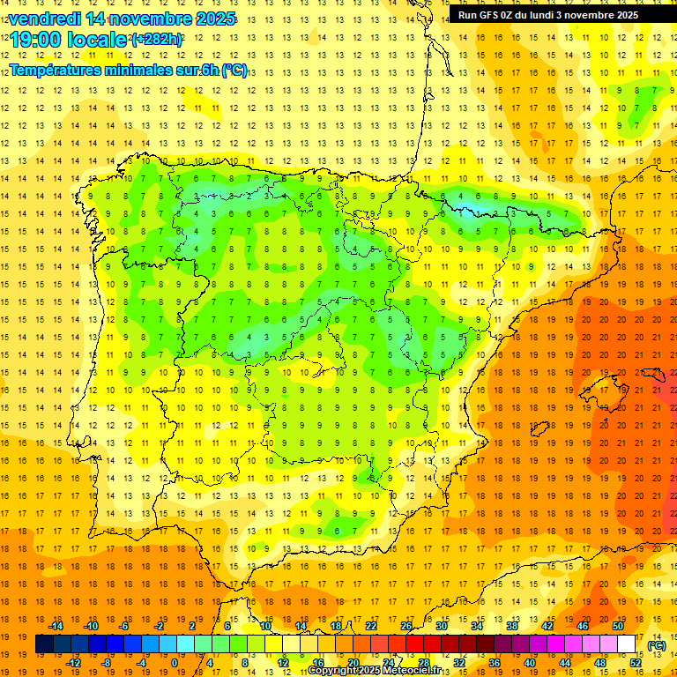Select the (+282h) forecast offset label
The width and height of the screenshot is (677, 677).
[x=157, y=39]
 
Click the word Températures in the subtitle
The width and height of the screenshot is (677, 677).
[x=54, y=70]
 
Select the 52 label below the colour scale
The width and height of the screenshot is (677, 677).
[x=636, y=663]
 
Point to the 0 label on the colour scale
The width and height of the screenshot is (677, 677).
[x=175, y=663]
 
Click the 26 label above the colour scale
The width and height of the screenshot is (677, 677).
[x=406, y=626]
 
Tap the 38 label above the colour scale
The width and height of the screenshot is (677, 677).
[x=512, y=626]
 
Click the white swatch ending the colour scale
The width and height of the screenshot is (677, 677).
[x=627, y=644]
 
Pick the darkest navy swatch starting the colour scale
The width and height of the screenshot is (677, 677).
[x=44, y=644]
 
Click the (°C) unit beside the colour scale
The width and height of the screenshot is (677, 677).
[x=656, y=645]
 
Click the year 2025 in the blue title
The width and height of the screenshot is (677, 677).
[x=214, y=19]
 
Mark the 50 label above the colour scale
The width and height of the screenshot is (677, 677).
[x=618, y=626]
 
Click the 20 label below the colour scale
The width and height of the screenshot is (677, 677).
[x=353, y=663]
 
